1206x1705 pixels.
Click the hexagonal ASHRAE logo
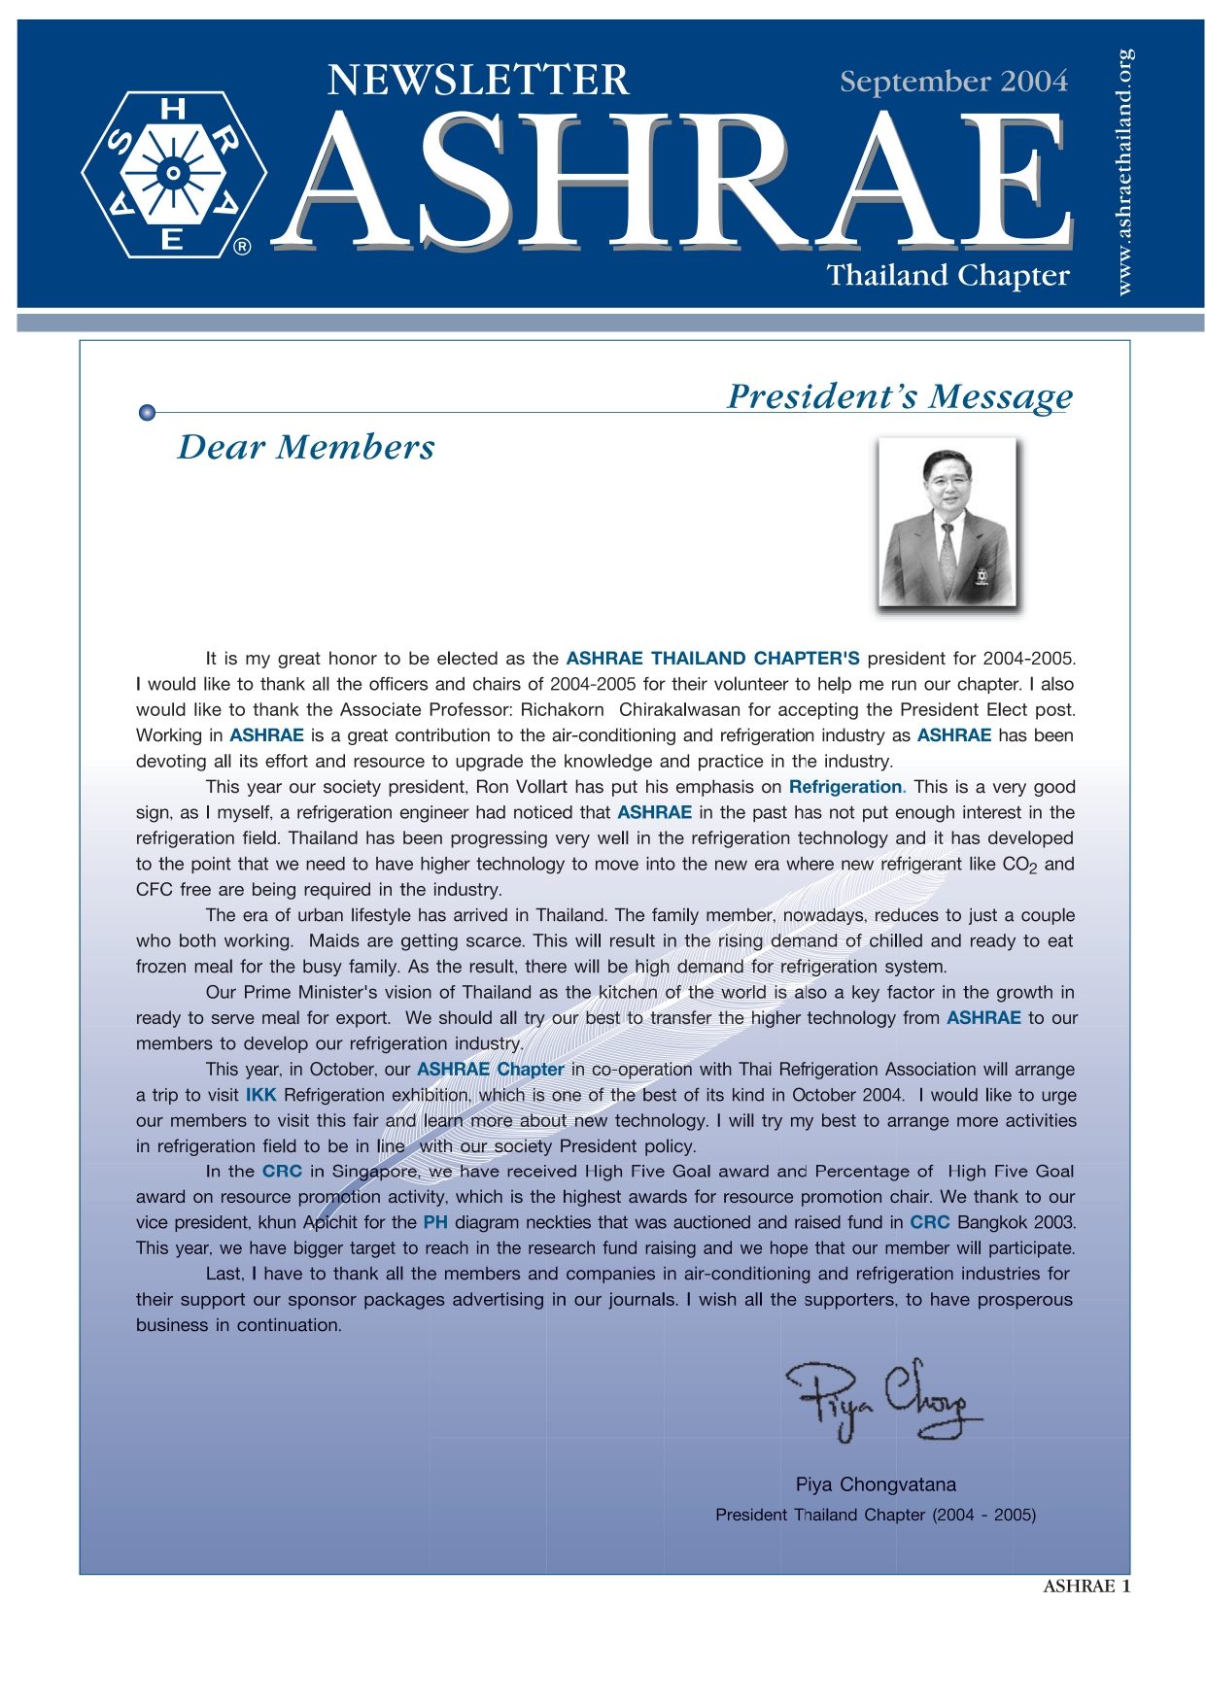(x=174, y=175)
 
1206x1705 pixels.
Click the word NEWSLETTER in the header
(x=477, y=80)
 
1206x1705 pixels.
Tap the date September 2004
(x=953, y=82)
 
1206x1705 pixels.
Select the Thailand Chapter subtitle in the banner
(x=948, y=276)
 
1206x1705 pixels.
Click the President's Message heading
(x=899, y=396)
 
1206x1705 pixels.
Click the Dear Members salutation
(x=306, y=448)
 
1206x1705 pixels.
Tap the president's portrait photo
(x=947, y=523)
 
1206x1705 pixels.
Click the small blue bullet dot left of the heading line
(x=147, y=413)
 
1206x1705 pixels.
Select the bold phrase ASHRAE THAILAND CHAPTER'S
(x=712, y=659)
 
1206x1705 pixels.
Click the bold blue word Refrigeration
(x=845, y=787)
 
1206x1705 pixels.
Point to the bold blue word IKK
(x=260, y=1095)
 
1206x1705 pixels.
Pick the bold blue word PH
(x=434, y=1223)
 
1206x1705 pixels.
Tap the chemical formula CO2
(x=1019, y=865)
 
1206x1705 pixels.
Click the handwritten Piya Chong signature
(x=881, y=1399)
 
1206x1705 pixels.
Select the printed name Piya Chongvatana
(x=876, y=1484)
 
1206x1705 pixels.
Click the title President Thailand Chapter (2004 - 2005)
(x=876, y=1515)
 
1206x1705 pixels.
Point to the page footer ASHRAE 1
(x=1085, y=1586)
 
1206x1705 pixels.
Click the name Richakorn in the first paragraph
(x=562, y=710)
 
